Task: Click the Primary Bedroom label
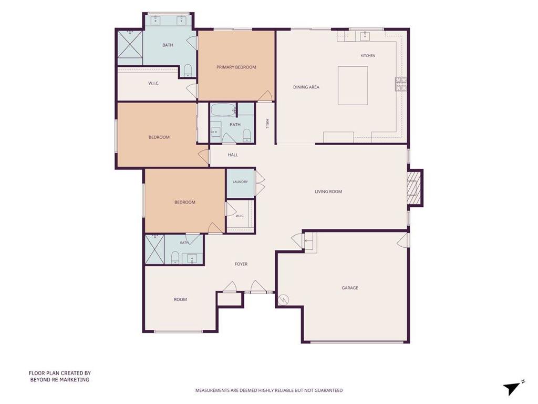click(236, 67)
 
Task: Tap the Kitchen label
click(368, 56)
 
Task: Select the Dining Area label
click(306, 87)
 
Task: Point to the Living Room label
click(328, 191)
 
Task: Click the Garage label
click(349, 288)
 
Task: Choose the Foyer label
click(241, 264)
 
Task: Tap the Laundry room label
click(240, 181)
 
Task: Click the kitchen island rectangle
click(353, 86)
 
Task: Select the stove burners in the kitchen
click(401, 84)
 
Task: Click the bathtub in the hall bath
click(223, 110)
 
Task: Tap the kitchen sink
click(365, 35)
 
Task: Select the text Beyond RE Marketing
click(60, 380)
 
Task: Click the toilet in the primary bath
click(188, 71)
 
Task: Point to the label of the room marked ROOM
click(180, 299)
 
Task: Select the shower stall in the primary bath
click(130, 44)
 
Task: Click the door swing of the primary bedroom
click(265, 96)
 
